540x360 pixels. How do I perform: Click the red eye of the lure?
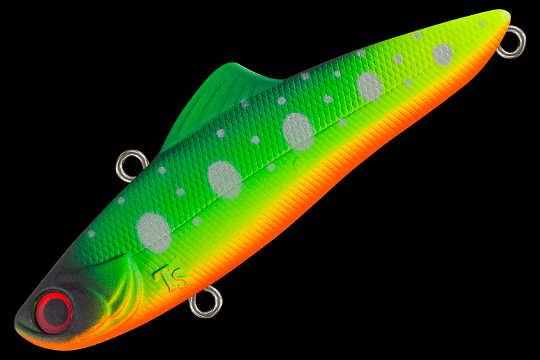point(55,312)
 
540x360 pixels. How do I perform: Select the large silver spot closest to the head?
point(153,232)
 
